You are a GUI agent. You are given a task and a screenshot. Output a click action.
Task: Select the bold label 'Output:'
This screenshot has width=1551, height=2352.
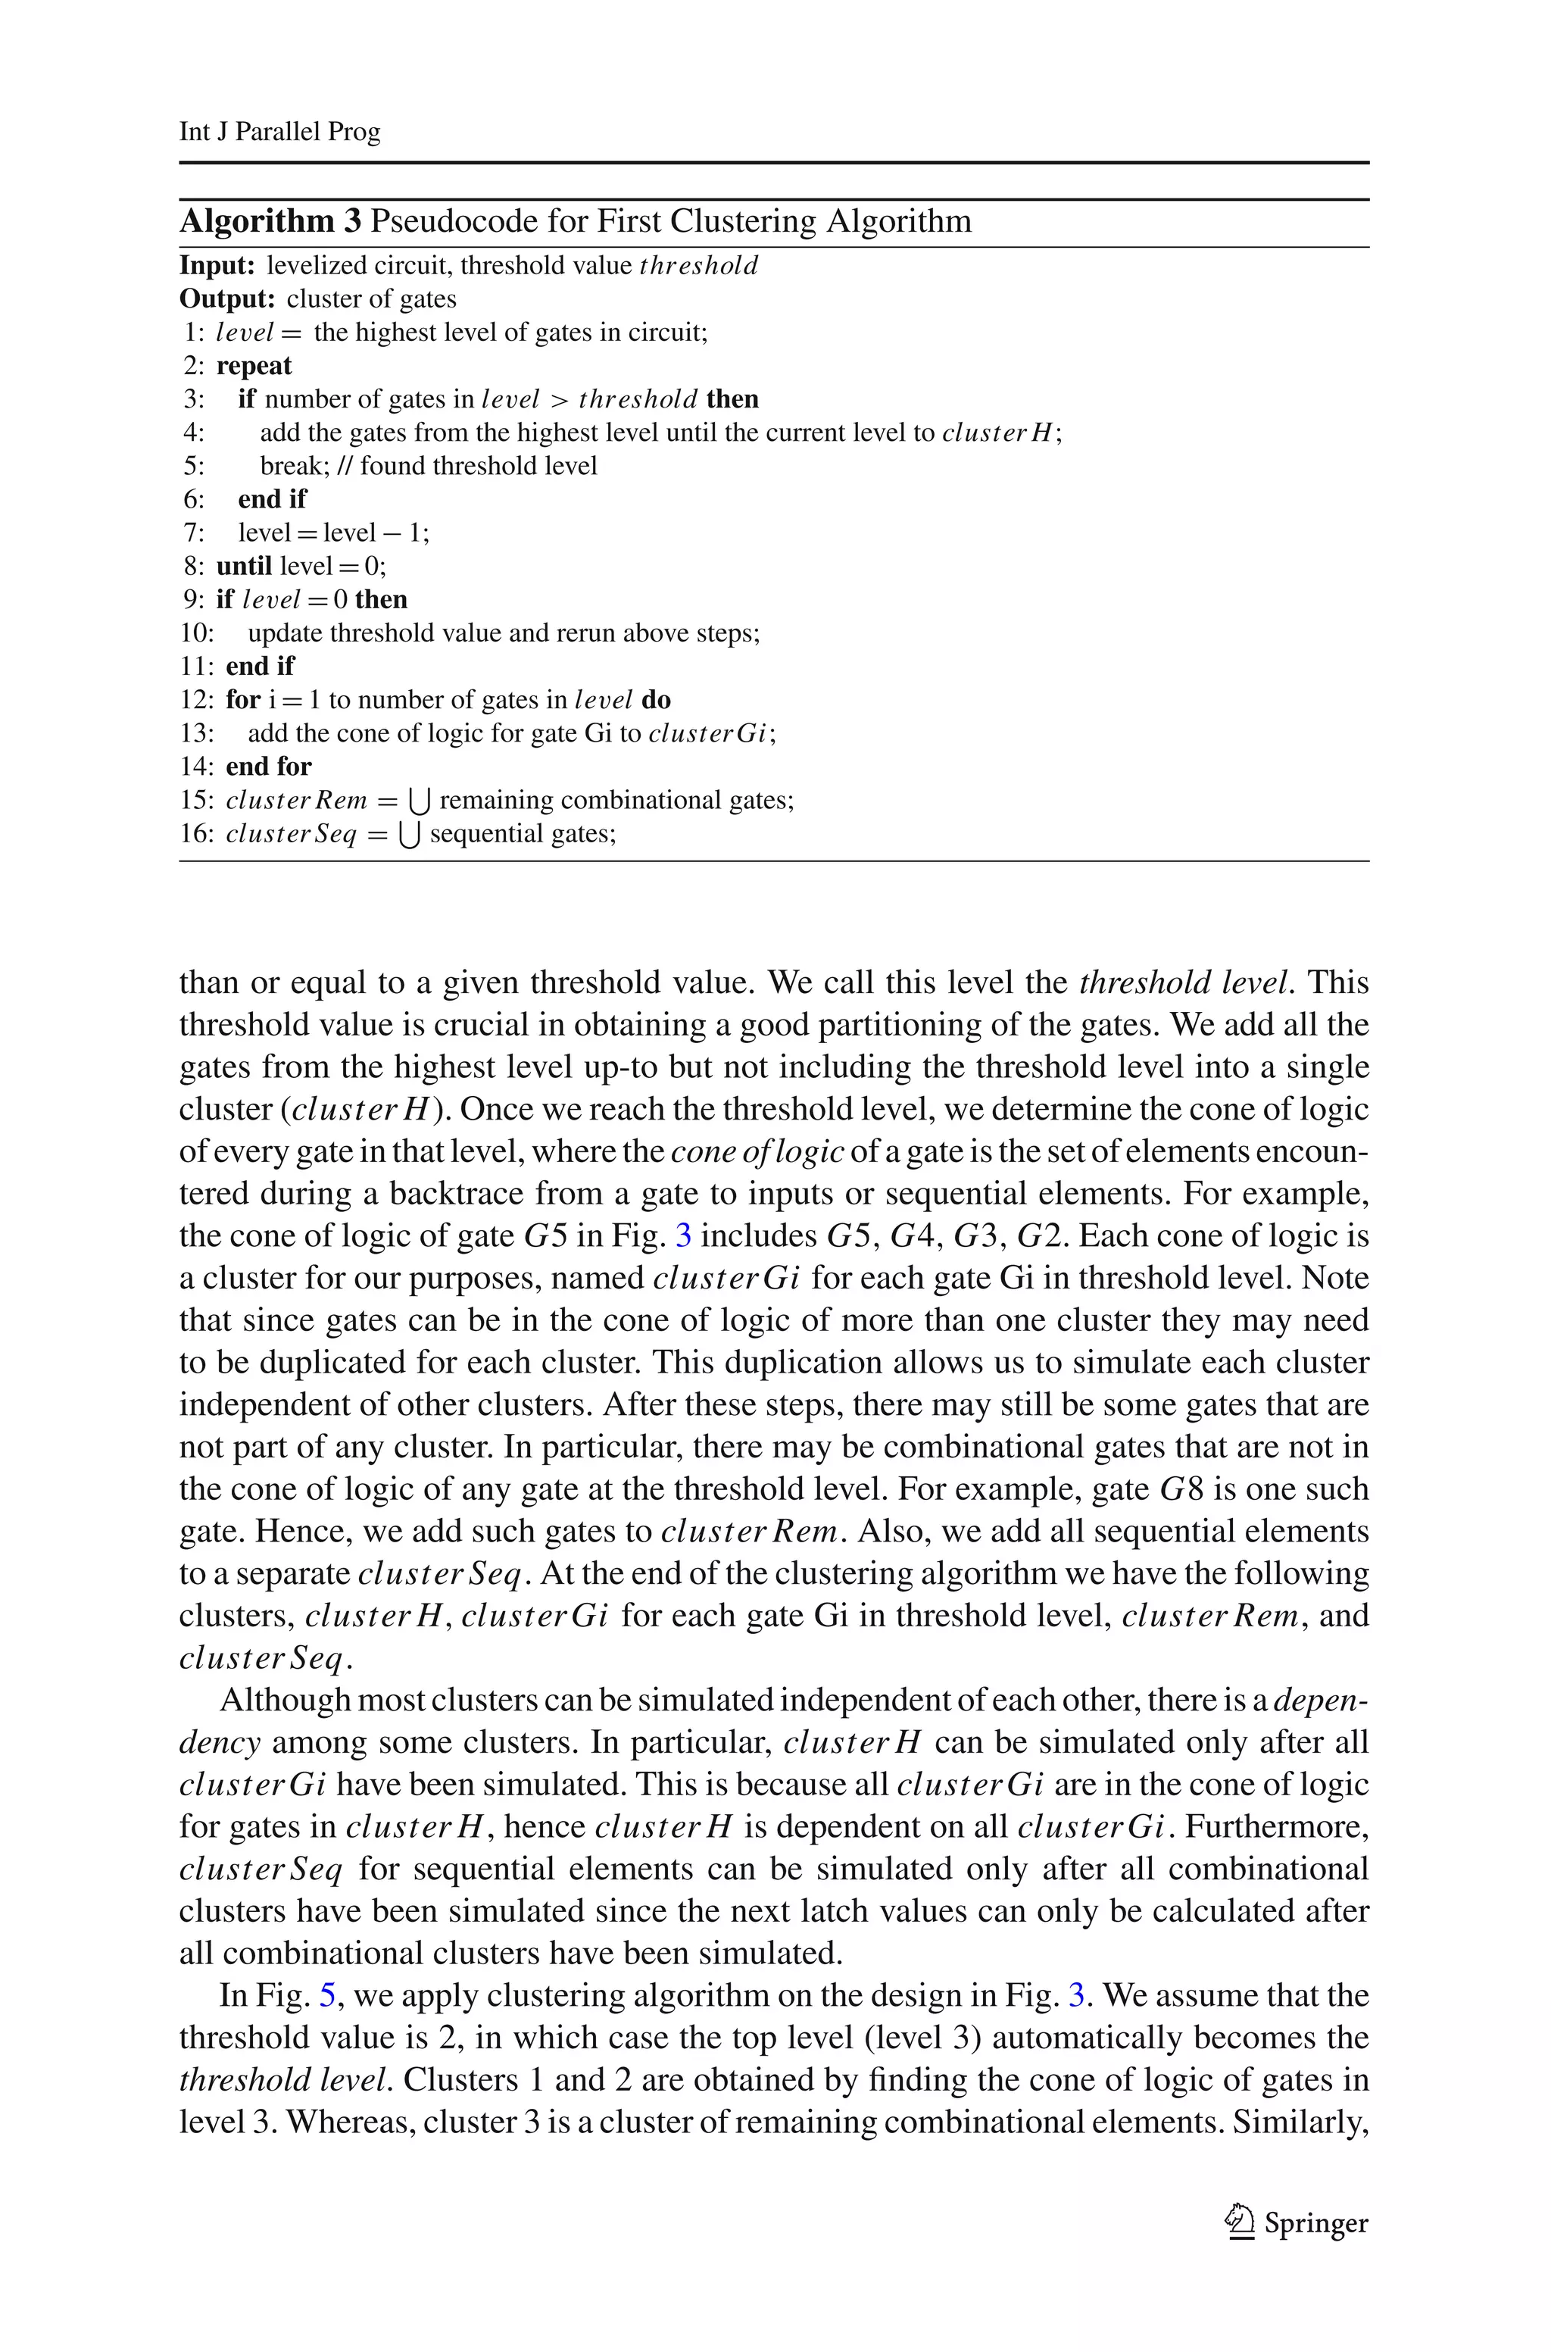tap(227, 298)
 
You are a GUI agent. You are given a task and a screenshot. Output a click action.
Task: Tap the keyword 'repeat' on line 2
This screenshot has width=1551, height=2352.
tap(254, 366)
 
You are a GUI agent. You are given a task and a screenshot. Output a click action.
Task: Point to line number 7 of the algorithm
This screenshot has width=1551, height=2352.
tap(192, 533)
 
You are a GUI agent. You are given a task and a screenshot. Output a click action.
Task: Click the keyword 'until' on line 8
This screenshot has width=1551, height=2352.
tap(245, 566)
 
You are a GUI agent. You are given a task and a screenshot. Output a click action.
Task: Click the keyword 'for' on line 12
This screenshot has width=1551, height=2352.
tap(242, 700)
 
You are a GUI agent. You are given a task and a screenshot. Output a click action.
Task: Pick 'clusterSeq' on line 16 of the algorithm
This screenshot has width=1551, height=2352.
tap(291, 834)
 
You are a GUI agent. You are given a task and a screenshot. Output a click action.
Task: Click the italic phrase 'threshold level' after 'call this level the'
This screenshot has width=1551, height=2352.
tap(1185, 982)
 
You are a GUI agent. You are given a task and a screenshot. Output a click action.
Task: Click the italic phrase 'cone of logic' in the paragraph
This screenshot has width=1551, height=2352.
tap(757, 1151)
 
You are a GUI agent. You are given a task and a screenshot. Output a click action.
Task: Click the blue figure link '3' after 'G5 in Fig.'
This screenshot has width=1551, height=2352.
tap(682, 1235)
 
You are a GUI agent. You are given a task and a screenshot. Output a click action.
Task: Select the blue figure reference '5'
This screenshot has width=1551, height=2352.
tap(329, 1995)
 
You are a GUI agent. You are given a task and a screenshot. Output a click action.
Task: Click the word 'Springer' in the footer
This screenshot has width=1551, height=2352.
tap(1315, 2223)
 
